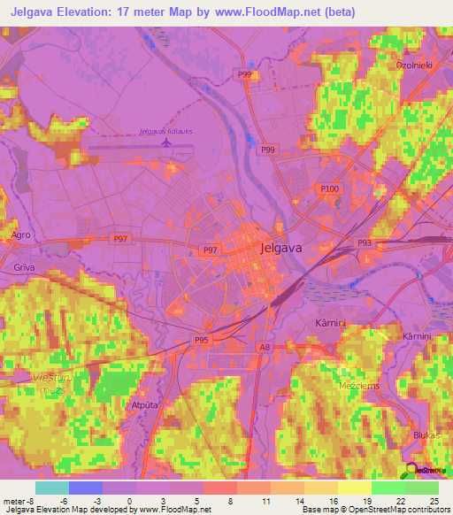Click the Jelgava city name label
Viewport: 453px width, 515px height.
(282, 249)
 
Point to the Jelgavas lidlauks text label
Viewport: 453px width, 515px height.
(166, 131)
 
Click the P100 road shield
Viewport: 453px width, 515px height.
(330, 189)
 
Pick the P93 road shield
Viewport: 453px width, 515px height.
(364, 242)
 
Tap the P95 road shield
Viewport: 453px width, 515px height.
(203, 339)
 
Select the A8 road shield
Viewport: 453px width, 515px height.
(265, 348)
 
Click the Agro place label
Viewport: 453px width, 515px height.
(21, 234)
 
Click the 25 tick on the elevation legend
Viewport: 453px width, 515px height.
(434, 500)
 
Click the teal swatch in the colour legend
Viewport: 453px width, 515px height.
(52, 488)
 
